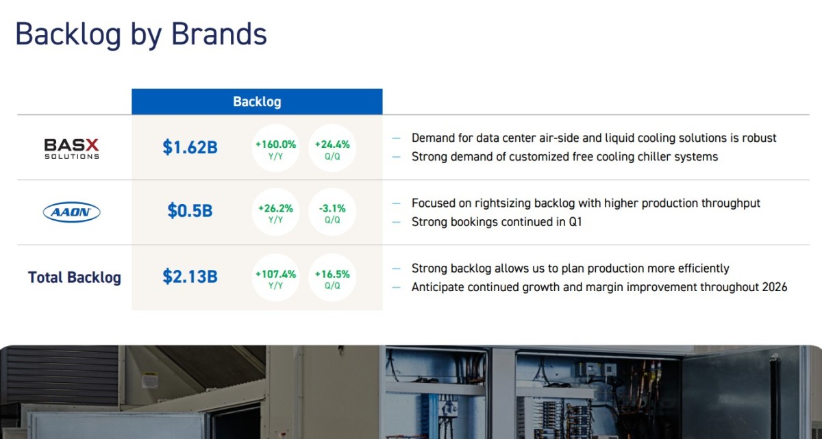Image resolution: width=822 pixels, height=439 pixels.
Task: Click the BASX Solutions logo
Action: click(71, 149)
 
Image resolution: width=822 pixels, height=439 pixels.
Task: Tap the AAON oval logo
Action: click(71, 212)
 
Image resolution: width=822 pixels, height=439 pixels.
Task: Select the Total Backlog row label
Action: click(75, 277)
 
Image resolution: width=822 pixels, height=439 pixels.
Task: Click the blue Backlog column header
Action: click(257, 101)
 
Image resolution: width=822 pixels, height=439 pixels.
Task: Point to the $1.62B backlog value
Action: click(190, 147)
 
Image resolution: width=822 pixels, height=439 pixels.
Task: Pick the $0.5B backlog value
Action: click(190, 210)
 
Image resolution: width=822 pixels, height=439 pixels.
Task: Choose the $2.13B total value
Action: click(190, 276)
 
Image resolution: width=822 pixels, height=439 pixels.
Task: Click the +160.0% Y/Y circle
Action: click(275, 148)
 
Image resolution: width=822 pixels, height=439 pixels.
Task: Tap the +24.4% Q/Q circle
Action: click(332, 148)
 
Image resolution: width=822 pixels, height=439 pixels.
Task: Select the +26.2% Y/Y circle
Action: click(275, 212)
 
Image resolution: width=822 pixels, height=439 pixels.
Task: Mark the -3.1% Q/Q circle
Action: click(332, 212)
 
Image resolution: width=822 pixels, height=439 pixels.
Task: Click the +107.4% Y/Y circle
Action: click(275, 277)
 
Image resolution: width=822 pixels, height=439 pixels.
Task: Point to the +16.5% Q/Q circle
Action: click(332, 277)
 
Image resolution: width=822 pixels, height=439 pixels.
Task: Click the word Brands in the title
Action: click(219, 34)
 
